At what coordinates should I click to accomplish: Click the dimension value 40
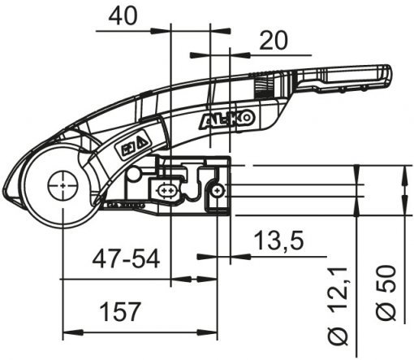(123, 16)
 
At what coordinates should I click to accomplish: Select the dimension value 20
(273, 41)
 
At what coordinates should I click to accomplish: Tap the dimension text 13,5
(279, 241)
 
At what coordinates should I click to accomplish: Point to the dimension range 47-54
(126, 259)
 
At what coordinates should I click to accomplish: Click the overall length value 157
(120, 311)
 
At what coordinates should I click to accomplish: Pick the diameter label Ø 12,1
(338, 306)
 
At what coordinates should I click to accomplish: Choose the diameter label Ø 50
(386, 293)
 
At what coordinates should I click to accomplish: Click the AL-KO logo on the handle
(227, 119)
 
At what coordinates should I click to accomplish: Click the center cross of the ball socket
(63, 185)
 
